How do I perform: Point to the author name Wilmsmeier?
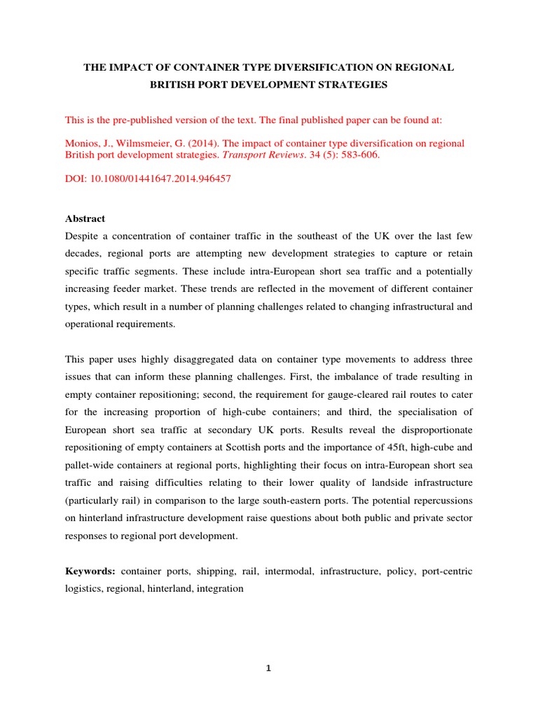pos(137,144)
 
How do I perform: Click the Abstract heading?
pos(85,218)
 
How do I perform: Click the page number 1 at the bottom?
pos(268,668)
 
